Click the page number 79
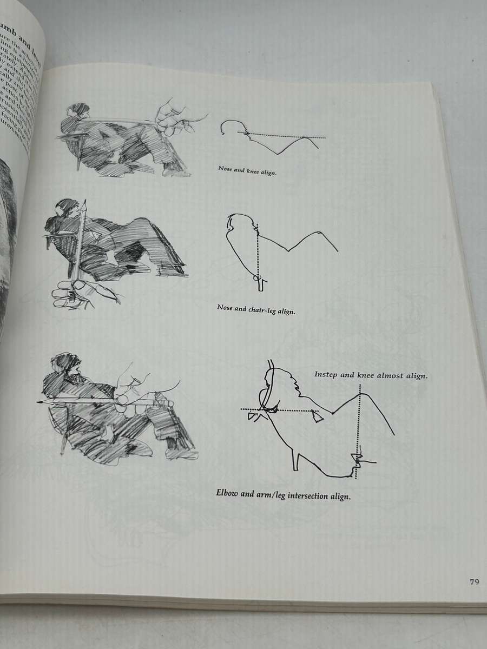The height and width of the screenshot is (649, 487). pos(474,582)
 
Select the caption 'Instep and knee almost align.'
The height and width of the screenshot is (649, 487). pos(371,375)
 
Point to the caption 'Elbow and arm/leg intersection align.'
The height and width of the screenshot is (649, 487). pos(283,494)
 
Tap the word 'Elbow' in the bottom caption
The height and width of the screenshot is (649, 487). pos(229,493)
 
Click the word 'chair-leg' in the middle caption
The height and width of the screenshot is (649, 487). pos(263,310)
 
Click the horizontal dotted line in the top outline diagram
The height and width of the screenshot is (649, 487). pos(287,137)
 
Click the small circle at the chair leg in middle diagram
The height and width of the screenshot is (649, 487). pos(259,279)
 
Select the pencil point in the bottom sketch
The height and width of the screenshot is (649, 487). pos(38,402)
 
